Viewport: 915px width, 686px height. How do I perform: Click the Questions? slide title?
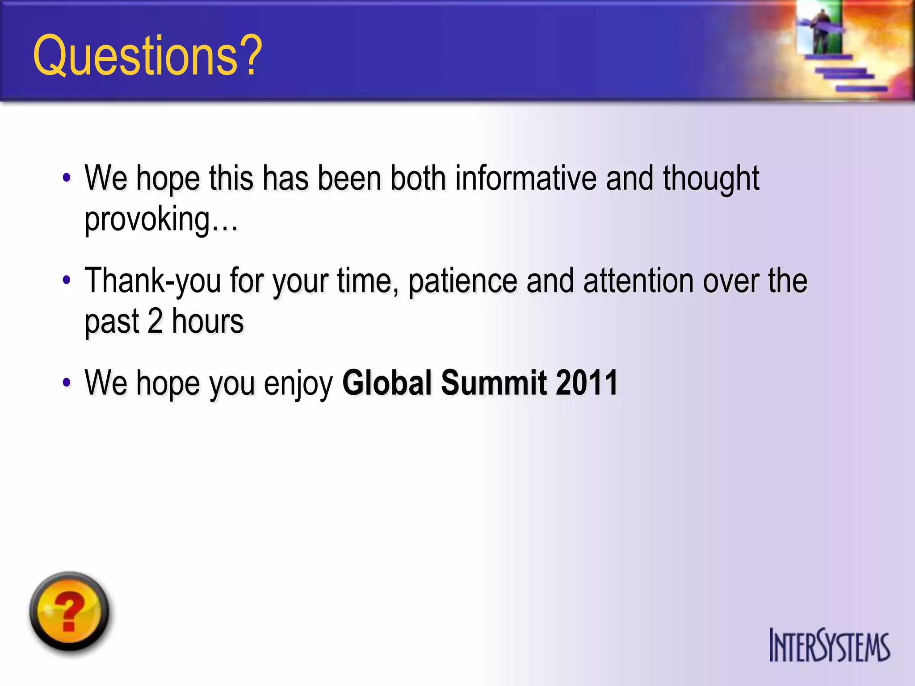(x=147, y=56)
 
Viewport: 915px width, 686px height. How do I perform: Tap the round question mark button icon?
(x=69, y=612)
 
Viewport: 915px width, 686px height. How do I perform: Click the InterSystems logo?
(x=829, y=645)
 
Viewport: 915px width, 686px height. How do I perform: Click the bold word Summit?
(x=494, y=383)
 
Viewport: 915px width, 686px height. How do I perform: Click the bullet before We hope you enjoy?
(x=67, y=383)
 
